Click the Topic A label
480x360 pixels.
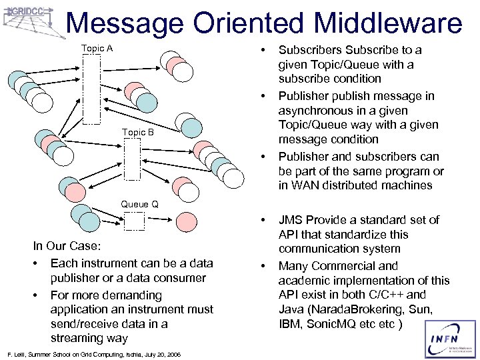click(x=97, y=48)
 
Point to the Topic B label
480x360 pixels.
click(x=138, y=132)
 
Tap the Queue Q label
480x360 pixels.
click(x=139, y=204)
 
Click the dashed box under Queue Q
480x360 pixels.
click(x=135, y=220)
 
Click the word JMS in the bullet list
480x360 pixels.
click(x=292, y=220)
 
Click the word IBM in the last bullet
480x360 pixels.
click(x=291, y=323)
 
